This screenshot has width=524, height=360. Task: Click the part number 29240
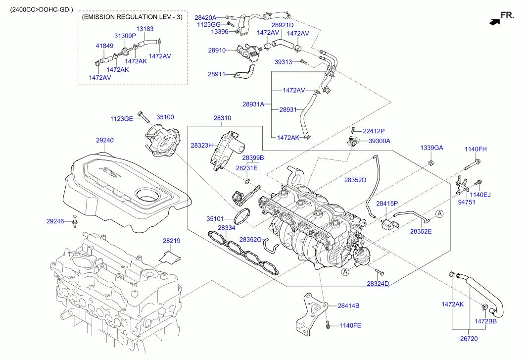(104, 141)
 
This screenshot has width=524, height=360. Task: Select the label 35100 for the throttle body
(165, 117)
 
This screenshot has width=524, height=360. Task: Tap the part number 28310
(222, 118)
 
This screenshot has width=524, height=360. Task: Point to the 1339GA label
(431, 148)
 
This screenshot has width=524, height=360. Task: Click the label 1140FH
(475, 149)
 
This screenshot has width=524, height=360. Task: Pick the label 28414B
(348, 306)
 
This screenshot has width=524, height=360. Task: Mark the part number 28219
(171, 241)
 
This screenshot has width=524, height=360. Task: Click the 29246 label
(55, 221)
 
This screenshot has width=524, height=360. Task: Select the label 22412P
(374, 131)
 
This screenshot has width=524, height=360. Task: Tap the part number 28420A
(206, 17)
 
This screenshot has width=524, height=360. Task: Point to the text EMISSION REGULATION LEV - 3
(132, 17)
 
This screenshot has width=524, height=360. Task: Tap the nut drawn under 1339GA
(431, 162)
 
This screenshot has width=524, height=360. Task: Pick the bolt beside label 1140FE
(328, 325)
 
